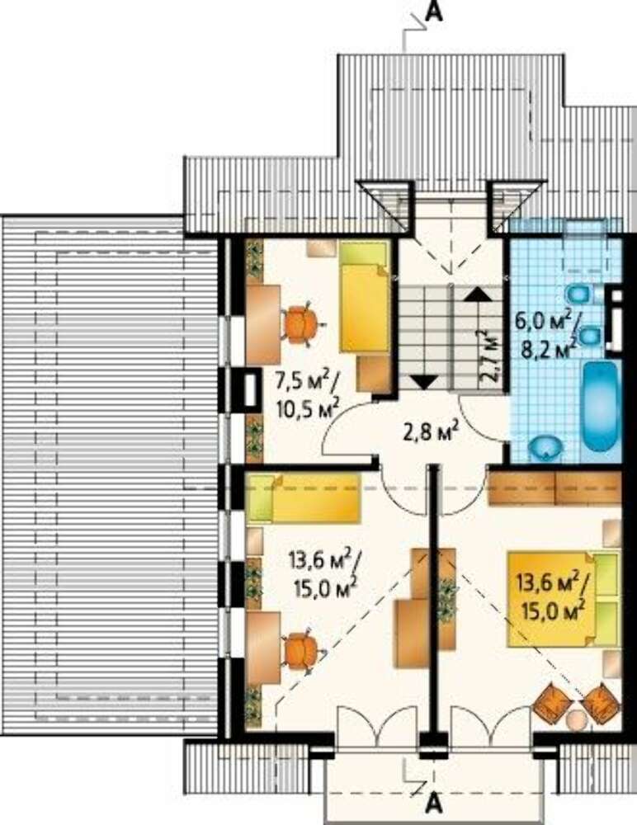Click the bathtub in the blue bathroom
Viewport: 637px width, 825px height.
601,406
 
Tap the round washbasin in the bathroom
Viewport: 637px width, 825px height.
547,446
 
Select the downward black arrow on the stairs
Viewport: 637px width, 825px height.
424,381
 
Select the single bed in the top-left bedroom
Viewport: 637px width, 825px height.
365,295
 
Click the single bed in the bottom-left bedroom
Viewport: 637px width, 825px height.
303,498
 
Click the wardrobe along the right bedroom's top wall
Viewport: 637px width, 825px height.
554,488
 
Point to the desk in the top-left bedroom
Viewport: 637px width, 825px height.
262,323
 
